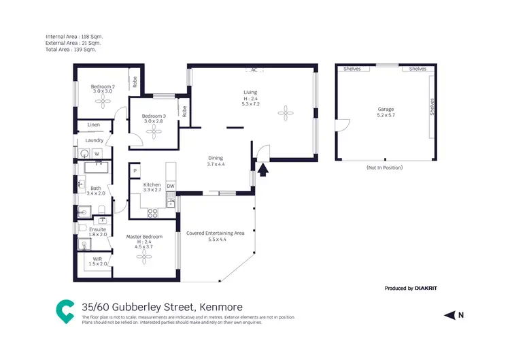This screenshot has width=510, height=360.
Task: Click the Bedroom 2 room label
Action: click(103, 86)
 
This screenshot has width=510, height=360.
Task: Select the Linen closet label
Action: click(95, 125)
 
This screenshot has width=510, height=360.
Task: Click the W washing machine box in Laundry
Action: click(97, 154)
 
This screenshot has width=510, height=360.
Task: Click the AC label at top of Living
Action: click(253, 70)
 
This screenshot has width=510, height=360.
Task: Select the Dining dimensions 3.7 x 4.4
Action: click(216, 165)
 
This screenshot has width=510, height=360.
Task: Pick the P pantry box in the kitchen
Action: click(135, 170)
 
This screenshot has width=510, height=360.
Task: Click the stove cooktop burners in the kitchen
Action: click(153, 212)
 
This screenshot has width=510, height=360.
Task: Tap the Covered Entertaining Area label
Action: click(215, 233)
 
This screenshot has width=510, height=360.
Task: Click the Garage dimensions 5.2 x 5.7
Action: click(386, 116)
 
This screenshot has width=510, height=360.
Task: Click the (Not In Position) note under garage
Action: click(384, 167)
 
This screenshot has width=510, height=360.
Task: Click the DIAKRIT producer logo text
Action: click(426, 289)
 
